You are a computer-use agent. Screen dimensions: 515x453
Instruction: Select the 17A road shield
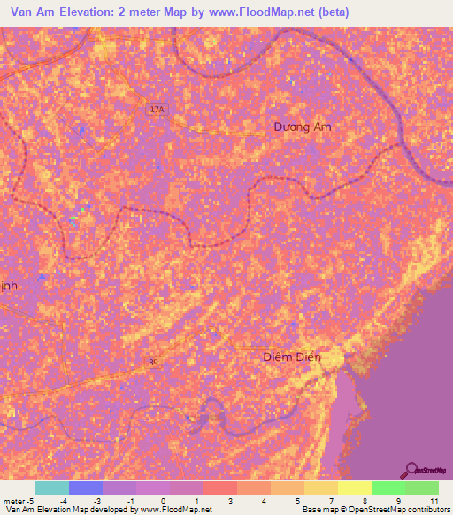[x=156, y=109]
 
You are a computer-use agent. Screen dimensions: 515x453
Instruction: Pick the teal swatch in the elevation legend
[x=52, y=488]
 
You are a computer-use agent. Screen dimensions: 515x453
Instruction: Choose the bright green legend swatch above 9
[x=388, y=488]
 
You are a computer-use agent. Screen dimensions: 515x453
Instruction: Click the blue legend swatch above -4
[x=86, y=488]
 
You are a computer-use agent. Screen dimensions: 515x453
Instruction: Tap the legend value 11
[x=434, y=501]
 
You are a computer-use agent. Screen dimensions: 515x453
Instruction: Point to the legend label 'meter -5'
[x=19, y=501]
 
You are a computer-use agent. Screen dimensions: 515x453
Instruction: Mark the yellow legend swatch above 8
[x=354, y=488]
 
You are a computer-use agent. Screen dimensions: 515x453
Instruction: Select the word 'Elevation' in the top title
[x=93, y=12]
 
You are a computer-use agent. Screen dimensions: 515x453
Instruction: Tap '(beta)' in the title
[x=334, y=12]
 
